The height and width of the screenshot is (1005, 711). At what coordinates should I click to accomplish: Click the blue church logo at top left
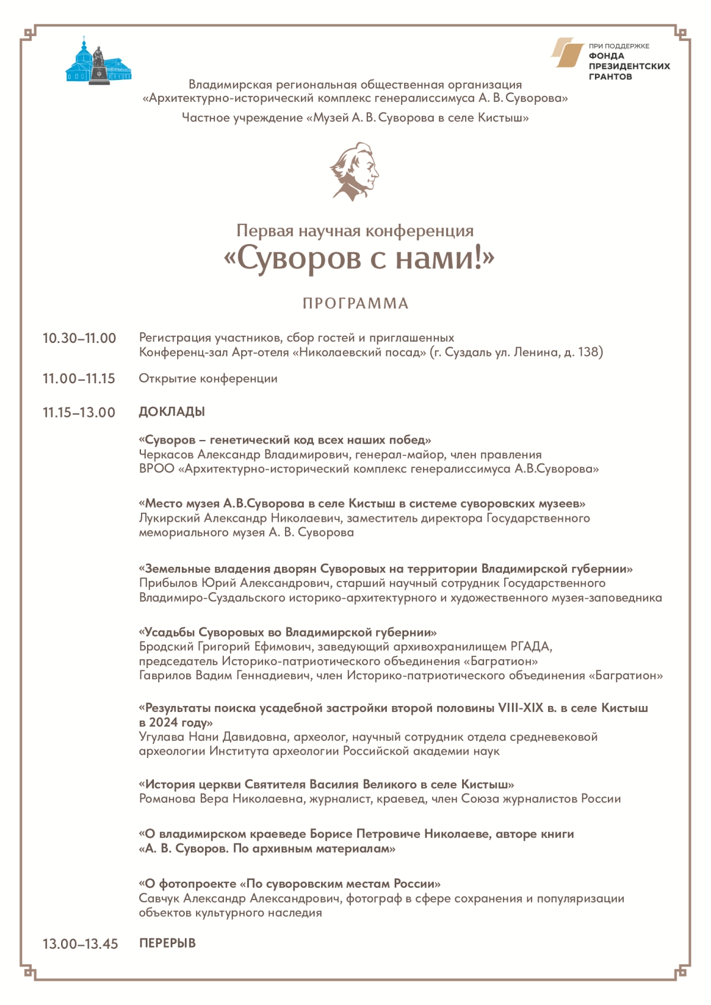[x=98, y=62]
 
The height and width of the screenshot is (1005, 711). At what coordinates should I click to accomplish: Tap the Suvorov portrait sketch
[x=354, y=171]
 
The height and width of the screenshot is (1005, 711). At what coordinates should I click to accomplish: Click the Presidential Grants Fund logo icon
[x=567, y=53]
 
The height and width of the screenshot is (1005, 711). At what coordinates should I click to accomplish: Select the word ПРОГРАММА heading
[x=355, y=304]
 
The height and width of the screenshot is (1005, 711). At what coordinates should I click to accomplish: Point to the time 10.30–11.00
[x=79, y=338]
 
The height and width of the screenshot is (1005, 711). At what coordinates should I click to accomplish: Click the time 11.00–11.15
[x=79, y=378]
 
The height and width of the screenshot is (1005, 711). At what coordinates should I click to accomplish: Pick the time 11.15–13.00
[x=79, y=412]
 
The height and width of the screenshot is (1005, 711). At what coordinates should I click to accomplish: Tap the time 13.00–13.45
[x=80, y=943]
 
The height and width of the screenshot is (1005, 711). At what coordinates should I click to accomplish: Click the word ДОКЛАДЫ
[x=172, y=412]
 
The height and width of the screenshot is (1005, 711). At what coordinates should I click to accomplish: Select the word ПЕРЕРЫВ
[x=167, y=943]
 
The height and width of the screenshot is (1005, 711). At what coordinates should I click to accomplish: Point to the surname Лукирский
[x=169, y=518]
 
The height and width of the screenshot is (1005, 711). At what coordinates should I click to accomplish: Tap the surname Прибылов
[x=168, y=583]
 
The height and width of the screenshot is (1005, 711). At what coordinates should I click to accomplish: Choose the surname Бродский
[x=166, y=647]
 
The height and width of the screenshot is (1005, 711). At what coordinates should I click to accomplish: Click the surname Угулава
[x=162, y=737]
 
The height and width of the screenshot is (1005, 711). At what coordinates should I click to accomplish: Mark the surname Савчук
[x=159, y=898]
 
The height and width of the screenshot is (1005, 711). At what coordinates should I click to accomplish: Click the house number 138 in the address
[x=588, y=352]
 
